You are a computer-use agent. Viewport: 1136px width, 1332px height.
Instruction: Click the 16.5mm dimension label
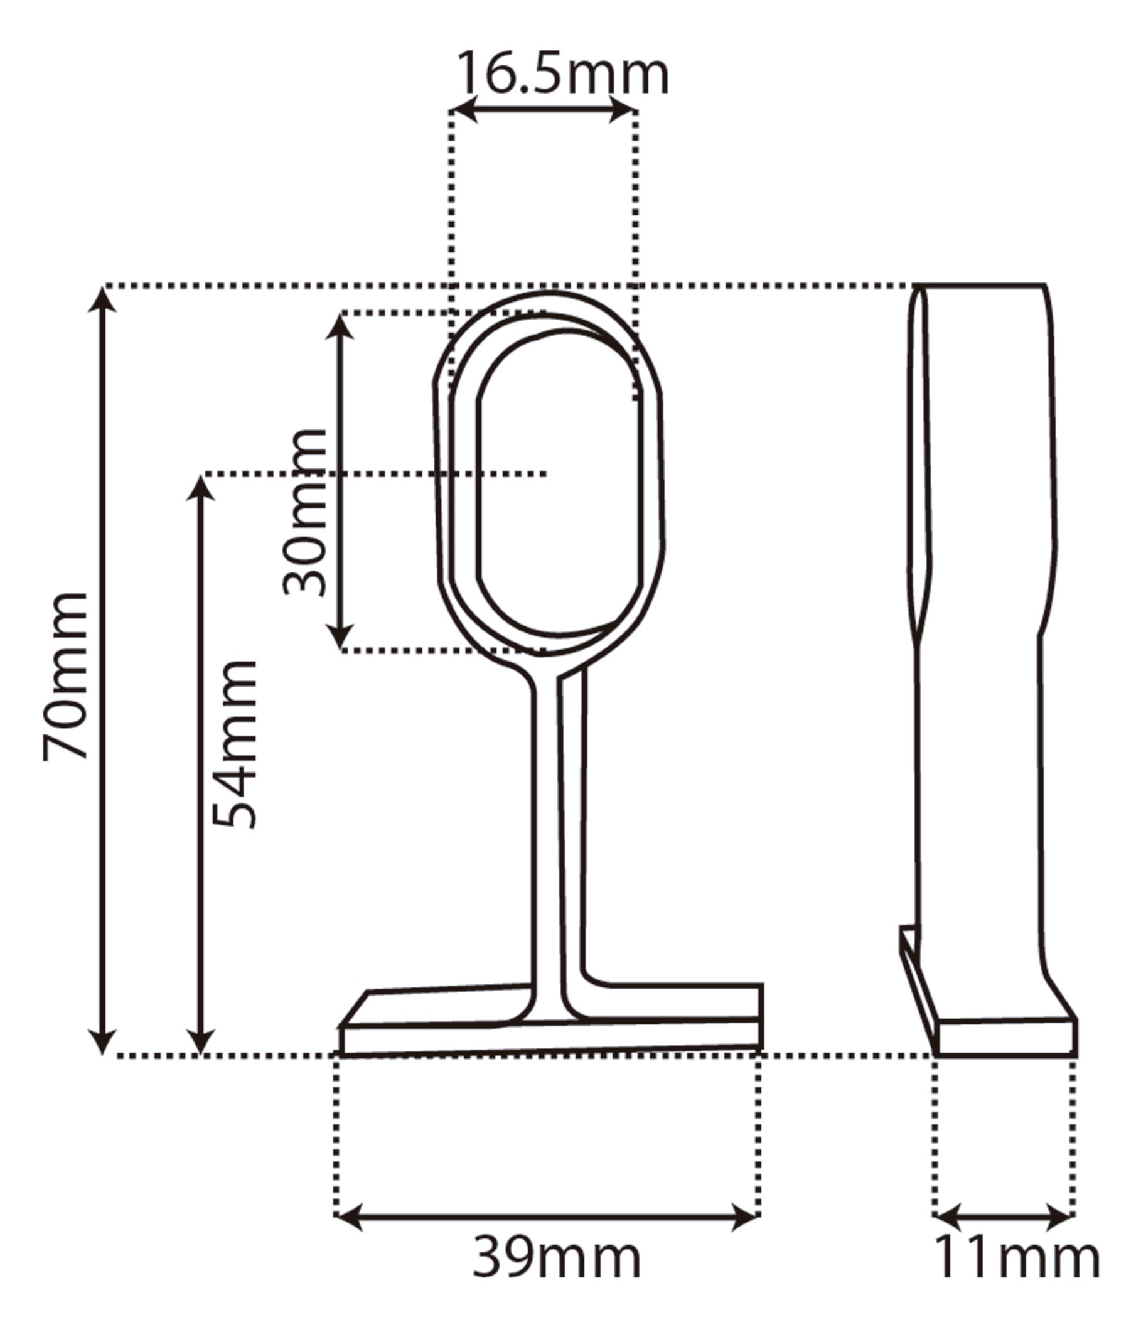pyautogui.click(x=562, y=75)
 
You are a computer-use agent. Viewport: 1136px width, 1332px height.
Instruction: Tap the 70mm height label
pyautogui.click(x=64, y=676)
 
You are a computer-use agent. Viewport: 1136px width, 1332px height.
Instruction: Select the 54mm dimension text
pyautogui.click(x=235, y=744)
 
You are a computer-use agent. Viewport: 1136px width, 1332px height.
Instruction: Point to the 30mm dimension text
pyautogui.click(x=305, y=512)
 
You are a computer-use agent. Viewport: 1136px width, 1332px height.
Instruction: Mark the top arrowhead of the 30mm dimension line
pyautogui.click(x=340, y=326)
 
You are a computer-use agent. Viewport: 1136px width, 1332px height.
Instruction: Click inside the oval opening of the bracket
pyautogui.click(x=558, y=488)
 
